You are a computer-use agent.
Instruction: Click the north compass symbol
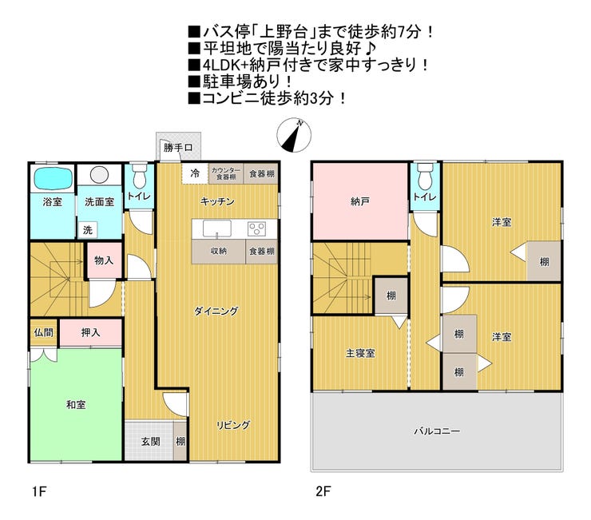pyautogui.click(x=293, y=136)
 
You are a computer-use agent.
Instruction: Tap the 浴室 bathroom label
pyautogui.click(x=53, y=202)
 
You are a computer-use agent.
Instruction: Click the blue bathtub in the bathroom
pyautogui.click(x=53, y=177)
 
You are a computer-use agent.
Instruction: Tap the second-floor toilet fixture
pyautogui.click(x=425, y=173)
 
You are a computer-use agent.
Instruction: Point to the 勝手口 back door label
pyautogui.click(x=178, y=148)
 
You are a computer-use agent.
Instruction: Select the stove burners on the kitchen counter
pyautogui.click(x=256, y=229)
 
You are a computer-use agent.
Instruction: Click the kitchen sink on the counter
pyautogui.click(x=217, y=229)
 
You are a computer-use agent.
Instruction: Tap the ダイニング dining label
pyautogui.click(x=216, y=311)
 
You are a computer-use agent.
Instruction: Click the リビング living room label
pyautogui.click(x=233, y=425)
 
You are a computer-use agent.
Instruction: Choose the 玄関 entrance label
pyautogui.click(x=151, y=441)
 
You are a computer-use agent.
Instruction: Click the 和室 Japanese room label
pyautogui.click(x=76, y=405)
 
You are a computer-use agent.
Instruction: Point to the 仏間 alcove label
pyautogui.click(x=42, y=332)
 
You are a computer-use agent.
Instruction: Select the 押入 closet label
pyautogui.click(x=90, y=332)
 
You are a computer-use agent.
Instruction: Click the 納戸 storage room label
pyautogui.click(x=359, y=202)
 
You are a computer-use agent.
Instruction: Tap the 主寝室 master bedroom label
pyautogui.click(x=360, y=353)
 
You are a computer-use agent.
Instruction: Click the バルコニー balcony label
pyautogui.click(x=436, y=431)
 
